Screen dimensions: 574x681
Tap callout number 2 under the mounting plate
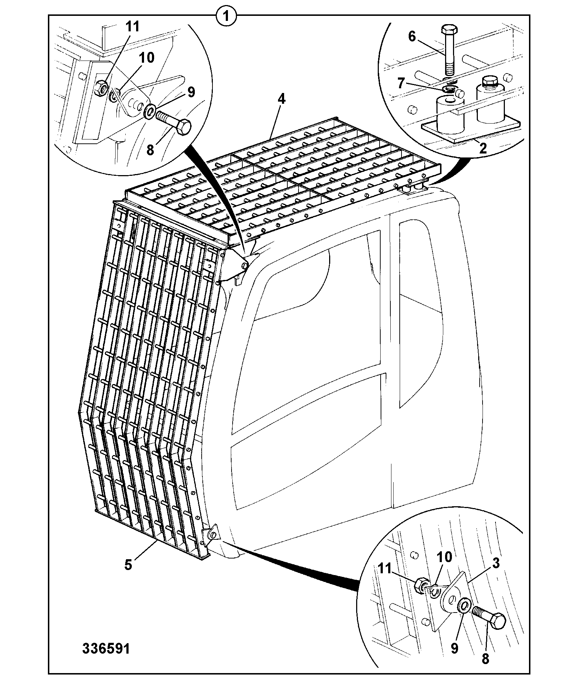[x=483, y=148]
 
